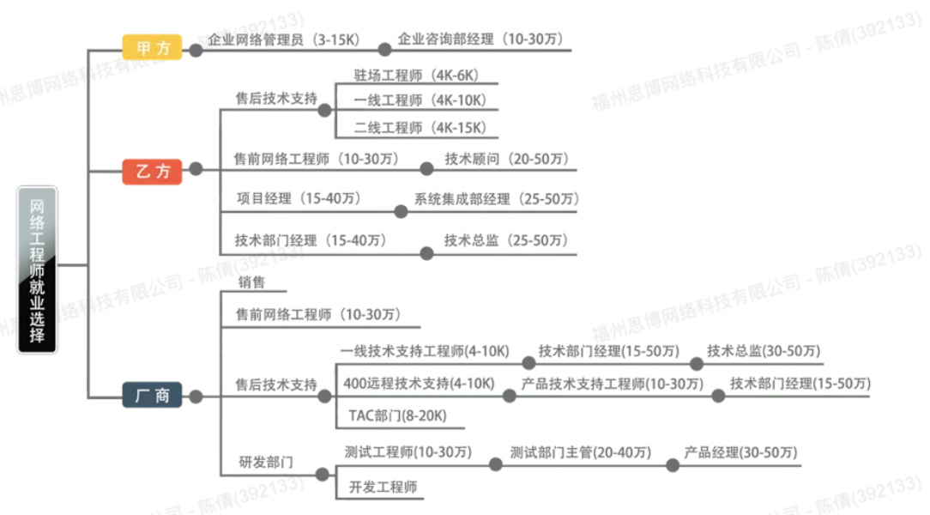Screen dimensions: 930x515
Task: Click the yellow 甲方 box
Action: coord(152,47)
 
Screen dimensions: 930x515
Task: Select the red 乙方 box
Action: coord(152,172)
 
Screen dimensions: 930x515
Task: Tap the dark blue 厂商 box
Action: coord(152,395)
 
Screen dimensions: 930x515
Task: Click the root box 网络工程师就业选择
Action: coord(38,270)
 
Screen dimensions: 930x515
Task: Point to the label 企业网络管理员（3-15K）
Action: coord(284,39)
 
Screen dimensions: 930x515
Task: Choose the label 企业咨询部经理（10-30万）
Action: coord(480,39)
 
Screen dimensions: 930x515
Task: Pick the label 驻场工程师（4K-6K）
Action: coord(416,76)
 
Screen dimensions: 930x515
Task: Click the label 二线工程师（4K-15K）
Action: coord(420,128)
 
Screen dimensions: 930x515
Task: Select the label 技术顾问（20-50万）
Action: coord(507,159)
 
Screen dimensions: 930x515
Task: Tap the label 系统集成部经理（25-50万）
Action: coord(497,199)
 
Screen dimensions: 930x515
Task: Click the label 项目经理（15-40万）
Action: coord(299,198)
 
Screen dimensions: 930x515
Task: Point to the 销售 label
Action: coord(251,282)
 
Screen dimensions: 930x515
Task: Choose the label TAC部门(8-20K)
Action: coord(397,415)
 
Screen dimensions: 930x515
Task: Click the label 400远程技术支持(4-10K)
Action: coord(419,384)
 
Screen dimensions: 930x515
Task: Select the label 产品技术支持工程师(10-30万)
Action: coord(612,384)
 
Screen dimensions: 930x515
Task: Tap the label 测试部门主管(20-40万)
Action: coord(581,452)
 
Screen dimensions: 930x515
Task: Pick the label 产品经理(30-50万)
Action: coord(740,452)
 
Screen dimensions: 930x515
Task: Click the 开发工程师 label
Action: coord(383,488)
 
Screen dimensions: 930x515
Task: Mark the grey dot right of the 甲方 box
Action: coord(196,51)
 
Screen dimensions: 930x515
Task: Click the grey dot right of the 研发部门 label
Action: coord(322,474)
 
